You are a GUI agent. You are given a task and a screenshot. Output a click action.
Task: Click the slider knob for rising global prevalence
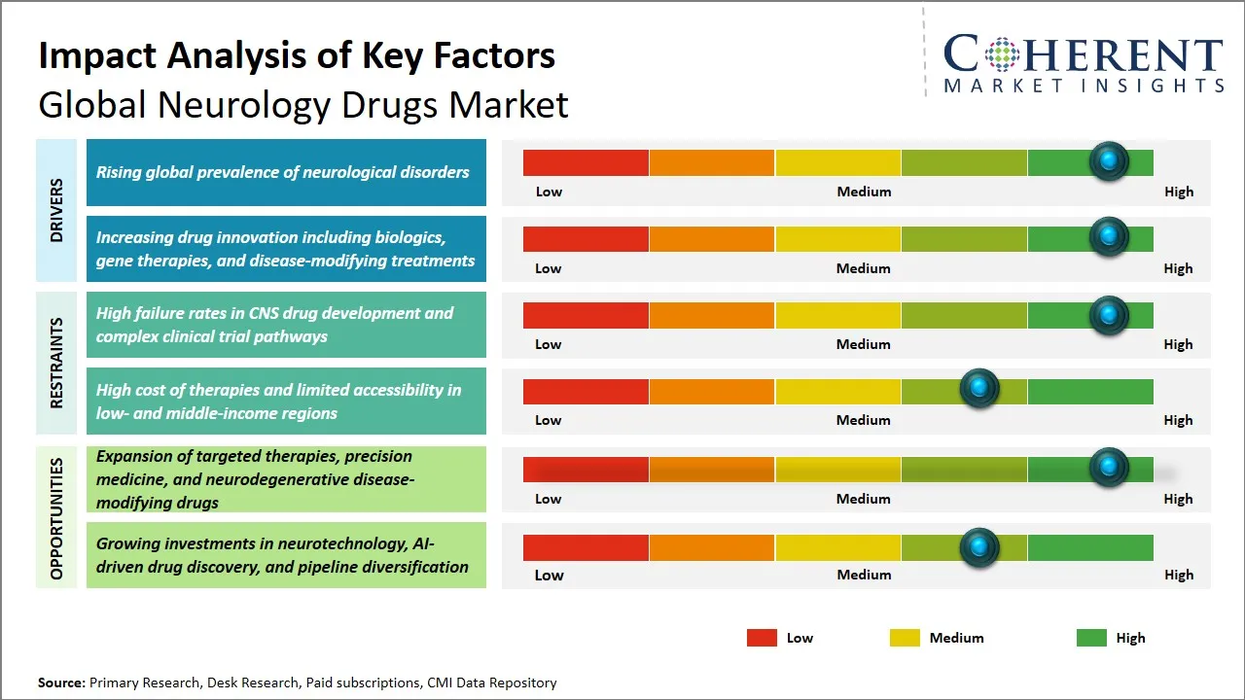point(1108,161)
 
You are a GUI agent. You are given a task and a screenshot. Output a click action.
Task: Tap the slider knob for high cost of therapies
point(979,390)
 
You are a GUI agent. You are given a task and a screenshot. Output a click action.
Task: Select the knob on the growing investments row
point(979,548)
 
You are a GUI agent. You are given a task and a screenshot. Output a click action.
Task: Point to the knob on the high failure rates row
point(1108,315)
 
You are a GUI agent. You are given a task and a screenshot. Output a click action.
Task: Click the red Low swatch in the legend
point(762,638)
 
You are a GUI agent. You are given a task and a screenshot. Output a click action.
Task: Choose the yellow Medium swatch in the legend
point(905,638)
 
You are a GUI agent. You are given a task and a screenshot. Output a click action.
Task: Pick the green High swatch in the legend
point(1091,638)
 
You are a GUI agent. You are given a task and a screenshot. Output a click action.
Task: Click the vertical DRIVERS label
point(56,210)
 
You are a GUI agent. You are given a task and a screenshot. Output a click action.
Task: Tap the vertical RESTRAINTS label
point(56,363)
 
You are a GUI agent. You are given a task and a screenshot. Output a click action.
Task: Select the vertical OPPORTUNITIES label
point(56,517)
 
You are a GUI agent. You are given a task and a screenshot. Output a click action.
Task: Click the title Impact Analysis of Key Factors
point(297,55)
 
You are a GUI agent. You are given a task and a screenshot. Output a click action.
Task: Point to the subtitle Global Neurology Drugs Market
point(302,105)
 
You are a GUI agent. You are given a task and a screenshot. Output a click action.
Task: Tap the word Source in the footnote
point(61,682)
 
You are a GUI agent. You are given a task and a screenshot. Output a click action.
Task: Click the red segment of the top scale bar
point(586,162)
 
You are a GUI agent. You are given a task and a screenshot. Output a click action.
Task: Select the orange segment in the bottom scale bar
point(712,548)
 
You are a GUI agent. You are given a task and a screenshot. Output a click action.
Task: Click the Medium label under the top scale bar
point(864,192)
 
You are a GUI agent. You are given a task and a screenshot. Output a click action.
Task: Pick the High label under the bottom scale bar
point(1178,575)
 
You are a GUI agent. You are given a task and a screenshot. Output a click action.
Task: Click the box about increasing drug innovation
point(286,249)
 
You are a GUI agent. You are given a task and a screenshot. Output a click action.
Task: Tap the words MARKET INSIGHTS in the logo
point(1084,86)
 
